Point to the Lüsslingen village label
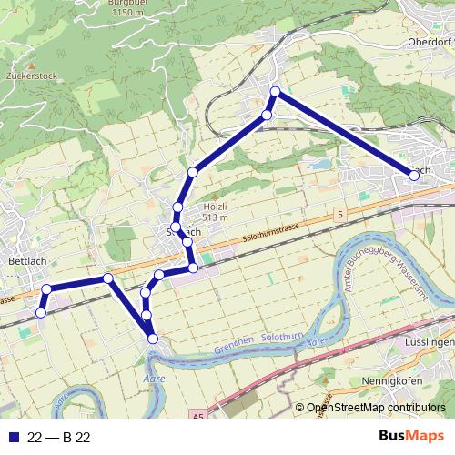pyautogui.click(x=432, y=341)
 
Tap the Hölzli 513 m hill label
pyautogui.click(x=214, y=212)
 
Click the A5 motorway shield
pyautogui.click(x=198, y=415)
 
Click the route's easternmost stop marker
pyautogui.click(x=414, y=176)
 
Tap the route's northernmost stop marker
pyautogui.click(x=276, y=91)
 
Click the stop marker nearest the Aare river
pyautogui.click(x=153, y=339)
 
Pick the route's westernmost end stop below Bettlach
pyautogui.click(x=40, y=313)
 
